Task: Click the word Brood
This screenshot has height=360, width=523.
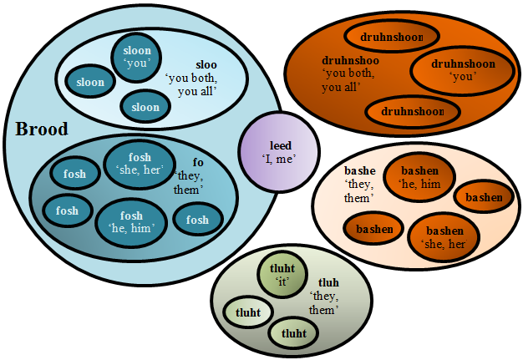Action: coord(42,129)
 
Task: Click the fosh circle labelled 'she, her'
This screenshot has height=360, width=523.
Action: coord(140,164)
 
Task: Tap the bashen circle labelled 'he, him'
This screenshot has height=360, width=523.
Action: coord(419,176)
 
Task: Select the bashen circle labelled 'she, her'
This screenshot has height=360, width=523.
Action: coord(444,236)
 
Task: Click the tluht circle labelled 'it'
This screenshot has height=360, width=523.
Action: coord(283,275)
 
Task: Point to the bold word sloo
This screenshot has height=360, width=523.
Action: coord(206,63)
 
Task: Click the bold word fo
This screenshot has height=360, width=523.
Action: coord(198,162)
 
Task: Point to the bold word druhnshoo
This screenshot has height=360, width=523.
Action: coord(352,60)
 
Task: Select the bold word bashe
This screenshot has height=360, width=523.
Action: coord(360,170)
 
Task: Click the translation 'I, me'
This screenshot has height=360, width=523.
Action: coord(279,159)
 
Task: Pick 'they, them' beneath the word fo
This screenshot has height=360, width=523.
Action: coord(189,183)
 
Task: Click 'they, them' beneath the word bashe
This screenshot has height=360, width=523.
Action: coord(359,190)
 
